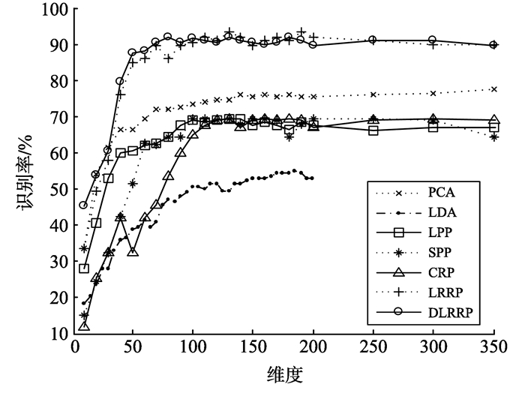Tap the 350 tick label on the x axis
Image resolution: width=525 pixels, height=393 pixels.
(493, 349)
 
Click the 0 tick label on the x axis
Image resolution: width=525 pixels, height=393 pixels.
(73, 349)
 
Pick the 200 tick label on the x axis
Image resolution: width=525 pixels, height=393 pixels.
(313, 349)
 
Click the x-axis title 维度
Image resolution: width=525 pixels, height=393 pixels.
(283, 373)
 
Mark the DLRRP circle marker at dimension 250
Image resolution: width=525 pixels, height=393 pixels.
(373, 40)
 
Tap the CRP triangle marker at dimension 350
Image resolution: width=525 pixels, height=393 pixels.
(493, 120)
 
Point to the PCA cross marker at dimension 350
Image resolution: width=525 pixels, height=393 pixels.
(493, 89)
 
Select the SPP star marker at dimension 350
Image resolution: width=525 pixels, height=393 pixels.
(493, 137)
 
